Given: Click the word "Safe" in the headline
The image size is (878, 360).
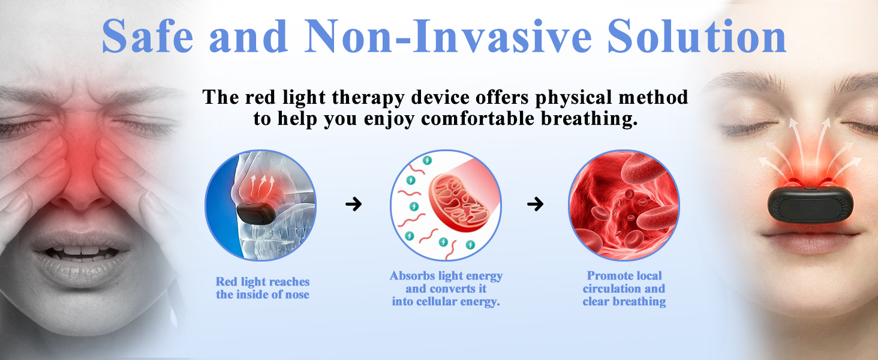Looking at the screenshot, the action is coord(148,36).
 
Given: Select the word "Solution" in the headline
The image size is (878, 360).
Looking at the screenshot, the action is coord(697,36).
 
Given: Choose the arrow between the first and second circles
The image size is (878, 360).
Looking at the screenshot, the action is coord(354,204).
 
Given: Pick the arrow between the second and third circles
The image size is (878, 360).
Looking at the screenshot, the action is coord(535,204).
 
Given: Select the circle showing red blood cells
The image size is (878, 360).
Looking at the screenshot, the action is coord(624,205).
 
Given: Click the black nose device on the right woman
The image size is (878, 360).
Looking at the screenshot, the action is coord(810,205).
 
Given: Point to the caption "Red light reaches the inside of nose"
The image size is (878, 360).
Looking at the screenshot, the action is coord(263,288).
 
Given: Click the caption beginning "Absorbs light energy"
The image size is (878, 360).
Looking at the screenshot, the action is coord(446,288).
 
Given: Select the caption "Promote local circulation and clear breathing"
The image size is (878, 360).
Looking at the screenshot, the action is coord(624,288).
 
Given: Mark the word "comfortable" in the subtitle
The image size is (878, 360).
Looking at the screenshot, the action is coord(478,119).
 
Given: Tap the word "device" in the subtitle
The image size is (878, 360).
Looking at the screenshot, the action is coord(440,98).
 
